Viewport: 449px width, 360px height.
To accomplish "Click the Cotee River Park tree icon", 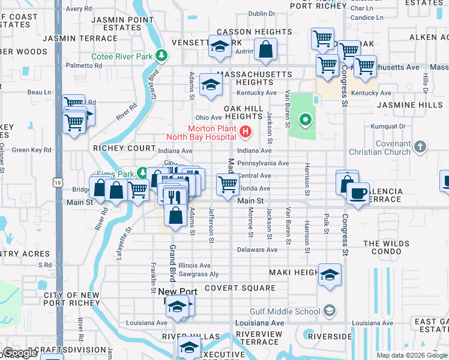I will point(161,56).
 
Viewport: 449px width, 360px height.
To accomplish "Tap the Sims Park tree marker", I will point(142,173).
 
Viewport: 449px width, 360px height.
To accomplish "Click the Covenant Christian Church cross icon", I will point(421,146).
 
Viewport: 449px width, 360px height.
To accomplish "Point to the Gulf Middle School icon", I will point(329,310).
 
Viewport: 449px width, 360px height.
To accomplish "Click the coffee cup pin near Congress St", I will point(358,194).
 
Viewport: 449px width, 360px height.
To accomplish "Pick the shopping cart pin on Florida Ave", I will point(228,184).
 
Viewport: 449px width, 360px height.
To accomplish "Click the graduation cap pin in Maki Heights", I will point(330,275).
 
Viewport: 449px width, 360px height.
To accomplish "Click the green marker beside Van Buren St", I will point(306,121).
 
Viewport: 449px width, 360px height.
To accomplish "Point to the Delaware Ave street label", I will point(257,250).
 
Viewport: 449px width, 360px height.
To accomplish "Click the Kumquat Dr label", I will point(388,127).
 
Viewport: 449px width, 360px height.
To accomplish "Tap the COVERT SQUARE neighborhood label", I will point(240,288).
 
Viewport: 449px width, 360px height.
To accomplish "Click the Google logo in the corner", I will point(20,353).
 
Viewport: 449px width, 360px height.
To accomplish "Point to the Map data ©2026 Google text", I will point(411,355).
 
